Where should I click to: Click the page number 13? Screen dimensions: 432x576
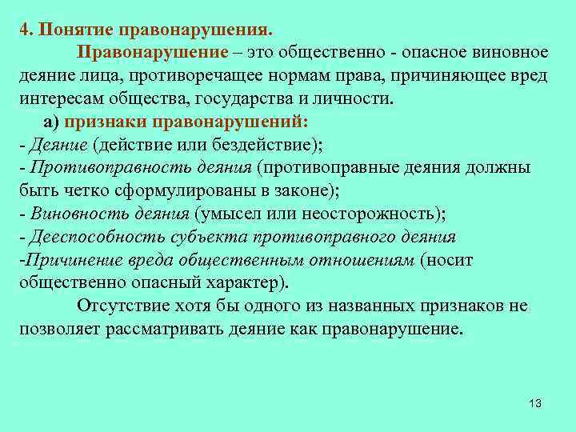coord(535,402)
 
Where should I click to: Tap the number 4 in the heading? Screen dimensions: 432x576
coord(24,30)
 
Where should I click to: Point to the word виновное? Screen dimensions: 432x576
coord(508,53)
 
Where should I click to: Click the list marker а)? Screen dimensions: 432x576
coord(53,122)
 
